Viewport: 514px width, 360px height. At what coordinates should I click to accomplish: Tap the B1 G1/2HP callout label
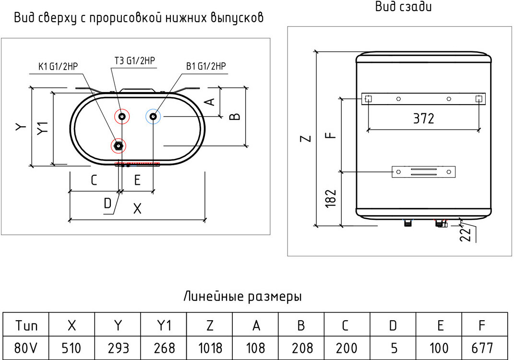click(206, 66)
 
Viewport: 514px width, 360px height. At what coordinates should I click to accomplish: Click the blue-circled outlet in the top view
click(153, 116)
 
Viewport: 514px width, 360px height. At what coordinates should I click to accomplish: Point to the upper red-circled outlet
click(122, 116)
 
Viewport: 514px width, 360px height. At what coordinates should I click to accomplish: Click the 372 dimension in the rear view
click(423, 118)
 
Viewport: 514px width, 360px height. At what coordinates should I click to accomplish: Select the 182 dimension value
click(331, 198)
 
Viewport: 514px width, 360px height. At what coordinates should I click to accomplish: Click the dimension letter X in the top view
click(138, 209)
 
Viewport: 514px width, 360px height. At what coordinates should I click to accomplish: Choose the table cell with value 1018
click(210, 348)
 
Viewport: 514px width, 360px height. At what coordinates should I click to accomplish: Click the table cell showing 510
click(72, 348)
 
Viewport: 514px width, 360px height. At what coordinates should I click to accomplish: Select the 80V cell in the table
click(26, 348)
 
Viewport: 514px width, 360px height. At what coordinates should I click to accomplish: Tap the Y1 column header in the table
click(164, 326)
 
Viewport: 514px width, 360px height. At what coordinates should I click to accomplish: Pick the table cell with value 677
click(484, 348)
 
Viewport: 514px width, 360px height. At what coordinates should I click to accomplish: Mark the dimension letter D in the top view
click(108, 204)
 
